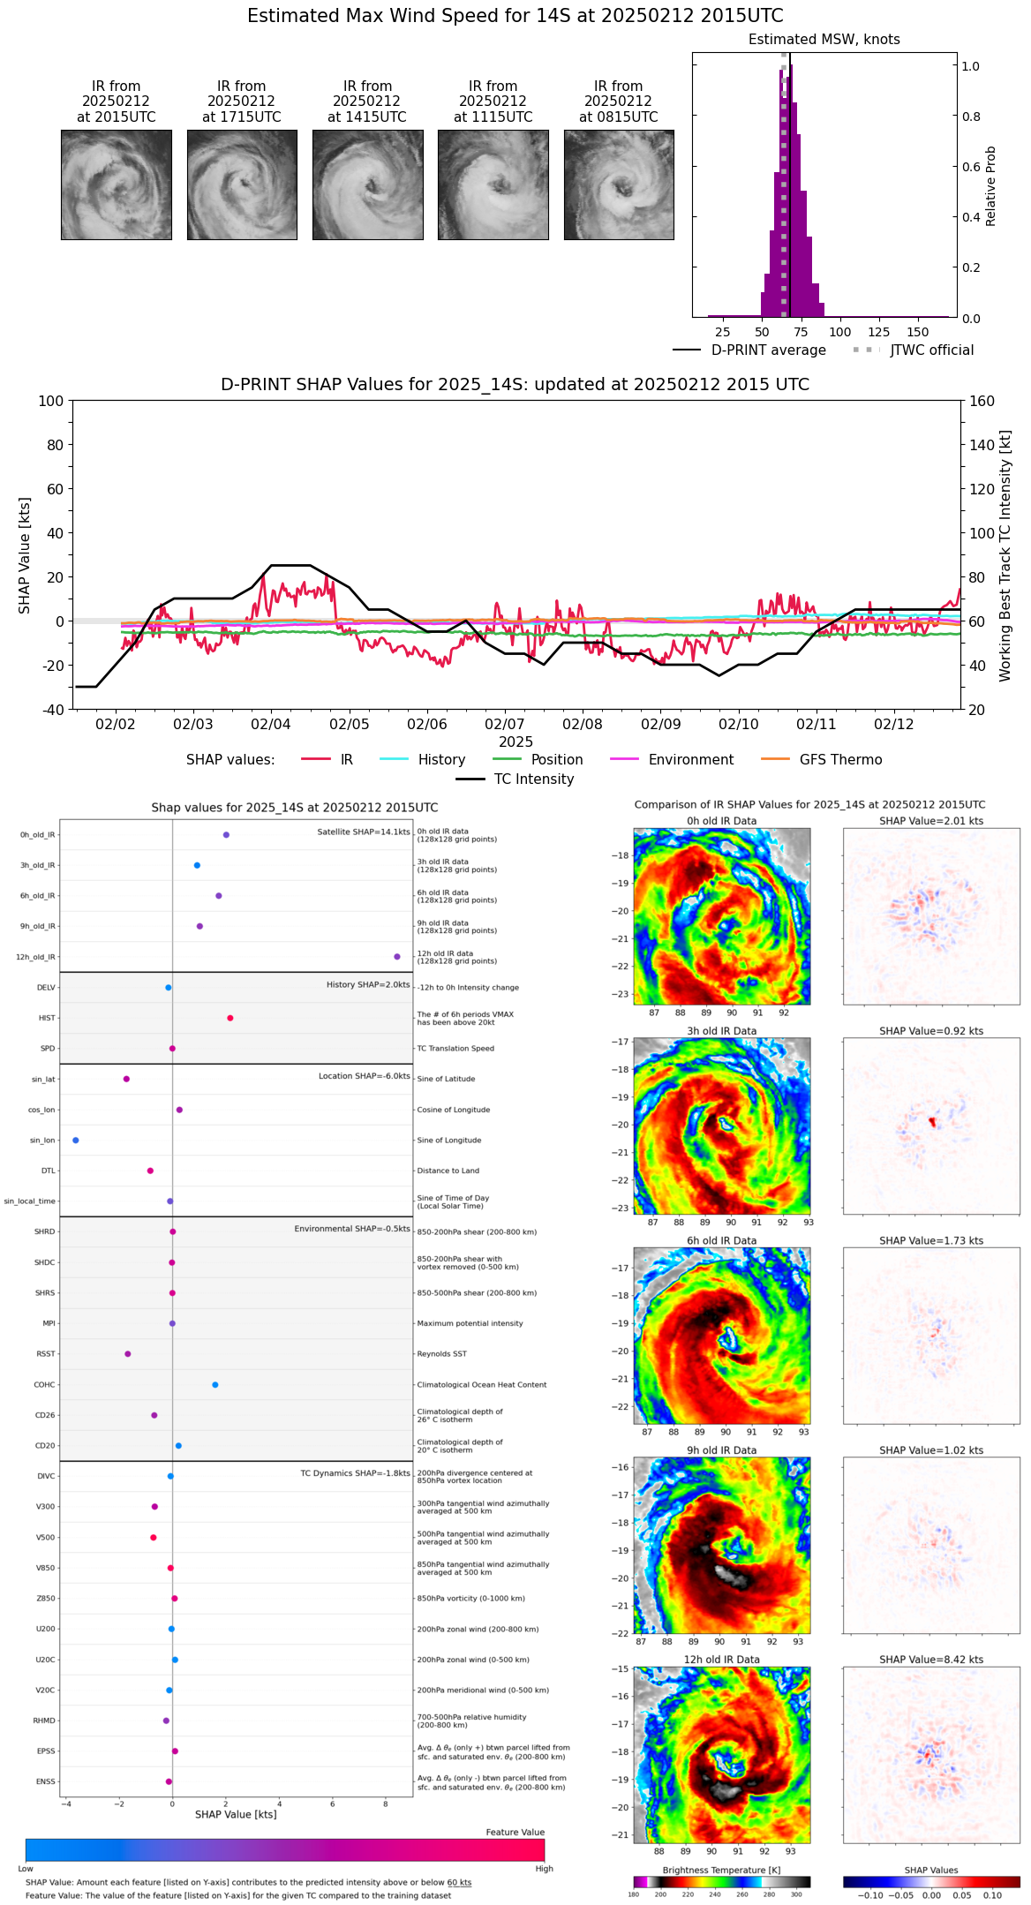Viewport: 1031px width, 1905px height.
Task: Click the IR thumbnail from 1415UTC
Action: (367, 184)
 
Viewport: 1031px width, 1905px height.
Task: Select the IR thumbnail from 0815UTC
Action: (619, 184)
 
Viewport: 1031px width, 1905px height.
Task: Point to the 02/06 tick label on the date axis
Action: (426, 725)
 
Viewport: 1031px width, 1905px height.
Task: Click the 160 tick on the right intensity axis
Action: (982, 402)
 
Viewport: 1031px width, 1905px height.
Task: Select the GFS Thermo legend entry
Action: (840, 760)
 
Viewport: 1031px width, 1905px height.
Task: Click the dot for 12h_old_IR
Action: (397, 957)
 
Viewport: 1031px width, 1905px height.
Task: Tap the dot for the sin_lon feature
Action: (76, 1141)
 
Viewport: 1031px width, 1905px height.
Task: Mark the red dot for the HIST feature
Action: (230, 1018)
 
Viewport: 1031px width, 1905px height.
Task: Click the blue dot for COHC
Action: (215, 1385)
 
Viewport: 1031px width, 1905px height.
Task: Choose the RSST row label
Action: (45, 1354)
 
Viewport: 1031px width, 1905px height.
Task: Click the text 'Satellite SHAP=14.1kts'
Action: (364, 832)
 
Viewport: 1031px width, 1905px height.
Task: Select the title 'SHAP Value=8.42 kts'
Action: (931, 1660)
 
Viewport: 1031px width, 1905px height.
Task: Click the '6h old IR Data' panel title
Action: (721, 1240)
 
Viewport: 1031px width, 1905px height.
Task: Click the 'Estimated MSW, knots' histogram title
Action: (824, 40)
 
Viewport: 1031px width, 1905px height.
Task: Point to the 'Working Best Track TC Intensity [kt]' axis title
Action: (1005, 556)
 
